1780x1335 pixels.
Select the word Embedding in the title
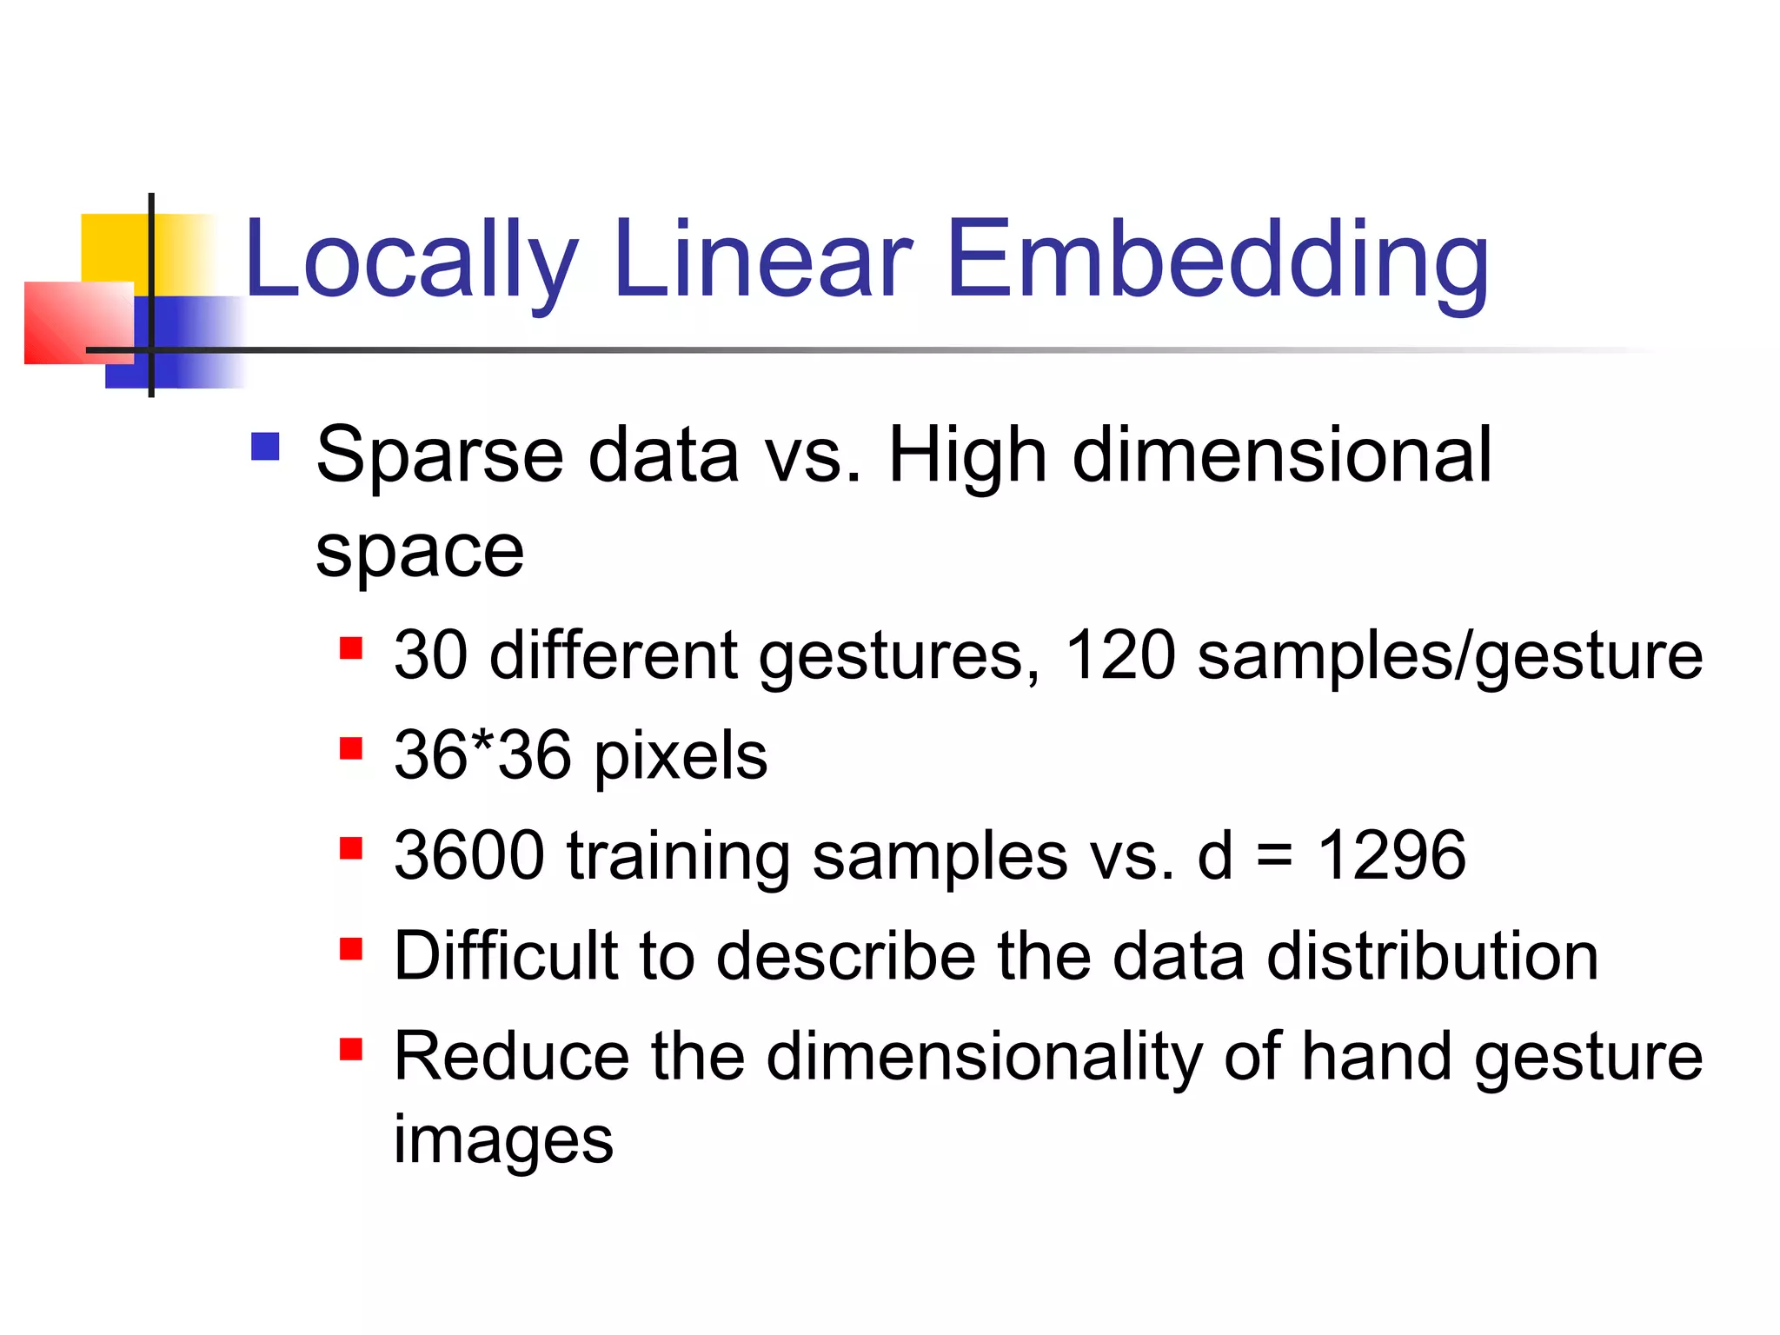click(1218, 260)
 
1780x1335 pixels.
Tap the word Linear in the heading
click(762, 260)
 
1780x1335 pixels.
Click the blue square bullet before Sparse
click(265, 447)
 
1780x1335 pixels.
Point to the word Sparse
click(440, 457)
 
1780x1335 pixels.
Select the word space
click(420, 551)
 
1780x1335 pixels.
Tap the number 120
click(1120, 655)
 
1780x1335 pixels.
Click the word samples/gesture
click(1450, 657)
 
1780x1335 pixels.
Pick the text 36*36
click(482, 754)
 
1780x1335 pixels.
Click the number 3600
click(469, 855)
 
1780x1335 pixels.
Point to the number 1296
click(1391, 855)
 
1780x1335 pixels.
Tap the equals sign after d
click(1274, 857)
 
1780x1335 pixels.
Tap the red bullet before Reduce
click(351, 1050)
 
